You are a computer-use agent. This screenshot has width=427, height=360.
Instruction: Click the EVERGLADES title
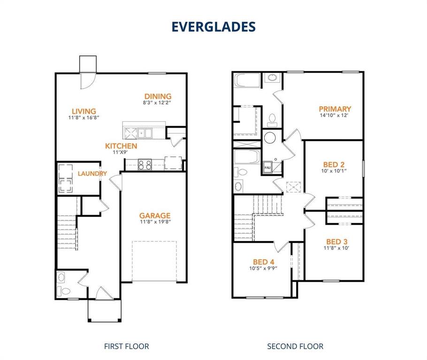pyautogui.click(x=213, y=27)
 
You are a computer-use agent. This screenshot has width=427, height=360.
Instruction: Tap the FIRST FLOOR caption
pyautogui.click(x=126, y=346)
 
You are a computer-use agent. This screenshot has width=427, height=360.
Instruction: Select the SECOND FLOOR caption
pyautogui.click(x=295, y=346)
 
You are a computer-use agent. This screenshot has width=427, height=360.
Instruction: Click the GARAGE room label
pyautogui.click(x=154, y=216)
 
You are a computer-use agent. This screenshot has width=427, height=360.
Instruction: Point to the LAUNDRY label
pyautogui.click(x=92, y=173)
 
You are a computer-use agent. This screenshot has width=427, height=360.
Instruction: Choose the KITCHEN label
pyautogui.click(x=121, y=146)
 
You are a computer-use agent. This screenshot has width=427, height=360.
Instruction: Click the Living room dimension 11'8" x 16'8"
pyautogui.click(x=84, y=119)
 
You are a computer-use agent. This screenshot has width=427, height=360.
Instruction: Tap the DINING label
pyautogui.click(x=158, y=96)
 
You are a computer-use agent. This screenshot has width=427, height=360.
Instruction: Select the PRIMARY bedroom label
pyautogui.click(x=335, y=109)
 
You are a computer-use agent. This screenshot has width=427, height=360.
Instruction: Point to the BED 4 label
pyautogui.click(x=263, y=262)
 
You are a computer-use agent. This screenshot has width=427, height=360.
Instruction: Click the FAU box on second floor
pyautogui.click(x=267, y=167)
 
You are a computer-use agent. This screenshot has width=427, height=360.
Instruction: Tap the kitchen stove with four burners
pyautogui.click(x=145, y=165)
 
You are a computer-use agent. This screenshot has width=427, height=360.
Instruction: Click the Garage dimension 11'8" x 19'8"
pyautogui.click(x=154, y=223)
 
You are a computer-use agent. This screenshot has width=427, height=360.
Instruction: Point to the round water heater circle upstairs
pyautogui.click(x=270, y=138)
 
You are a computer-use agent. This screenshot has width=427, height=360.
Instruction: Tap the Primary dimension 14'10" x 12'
pyautogui.click(x=335, y=115)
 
